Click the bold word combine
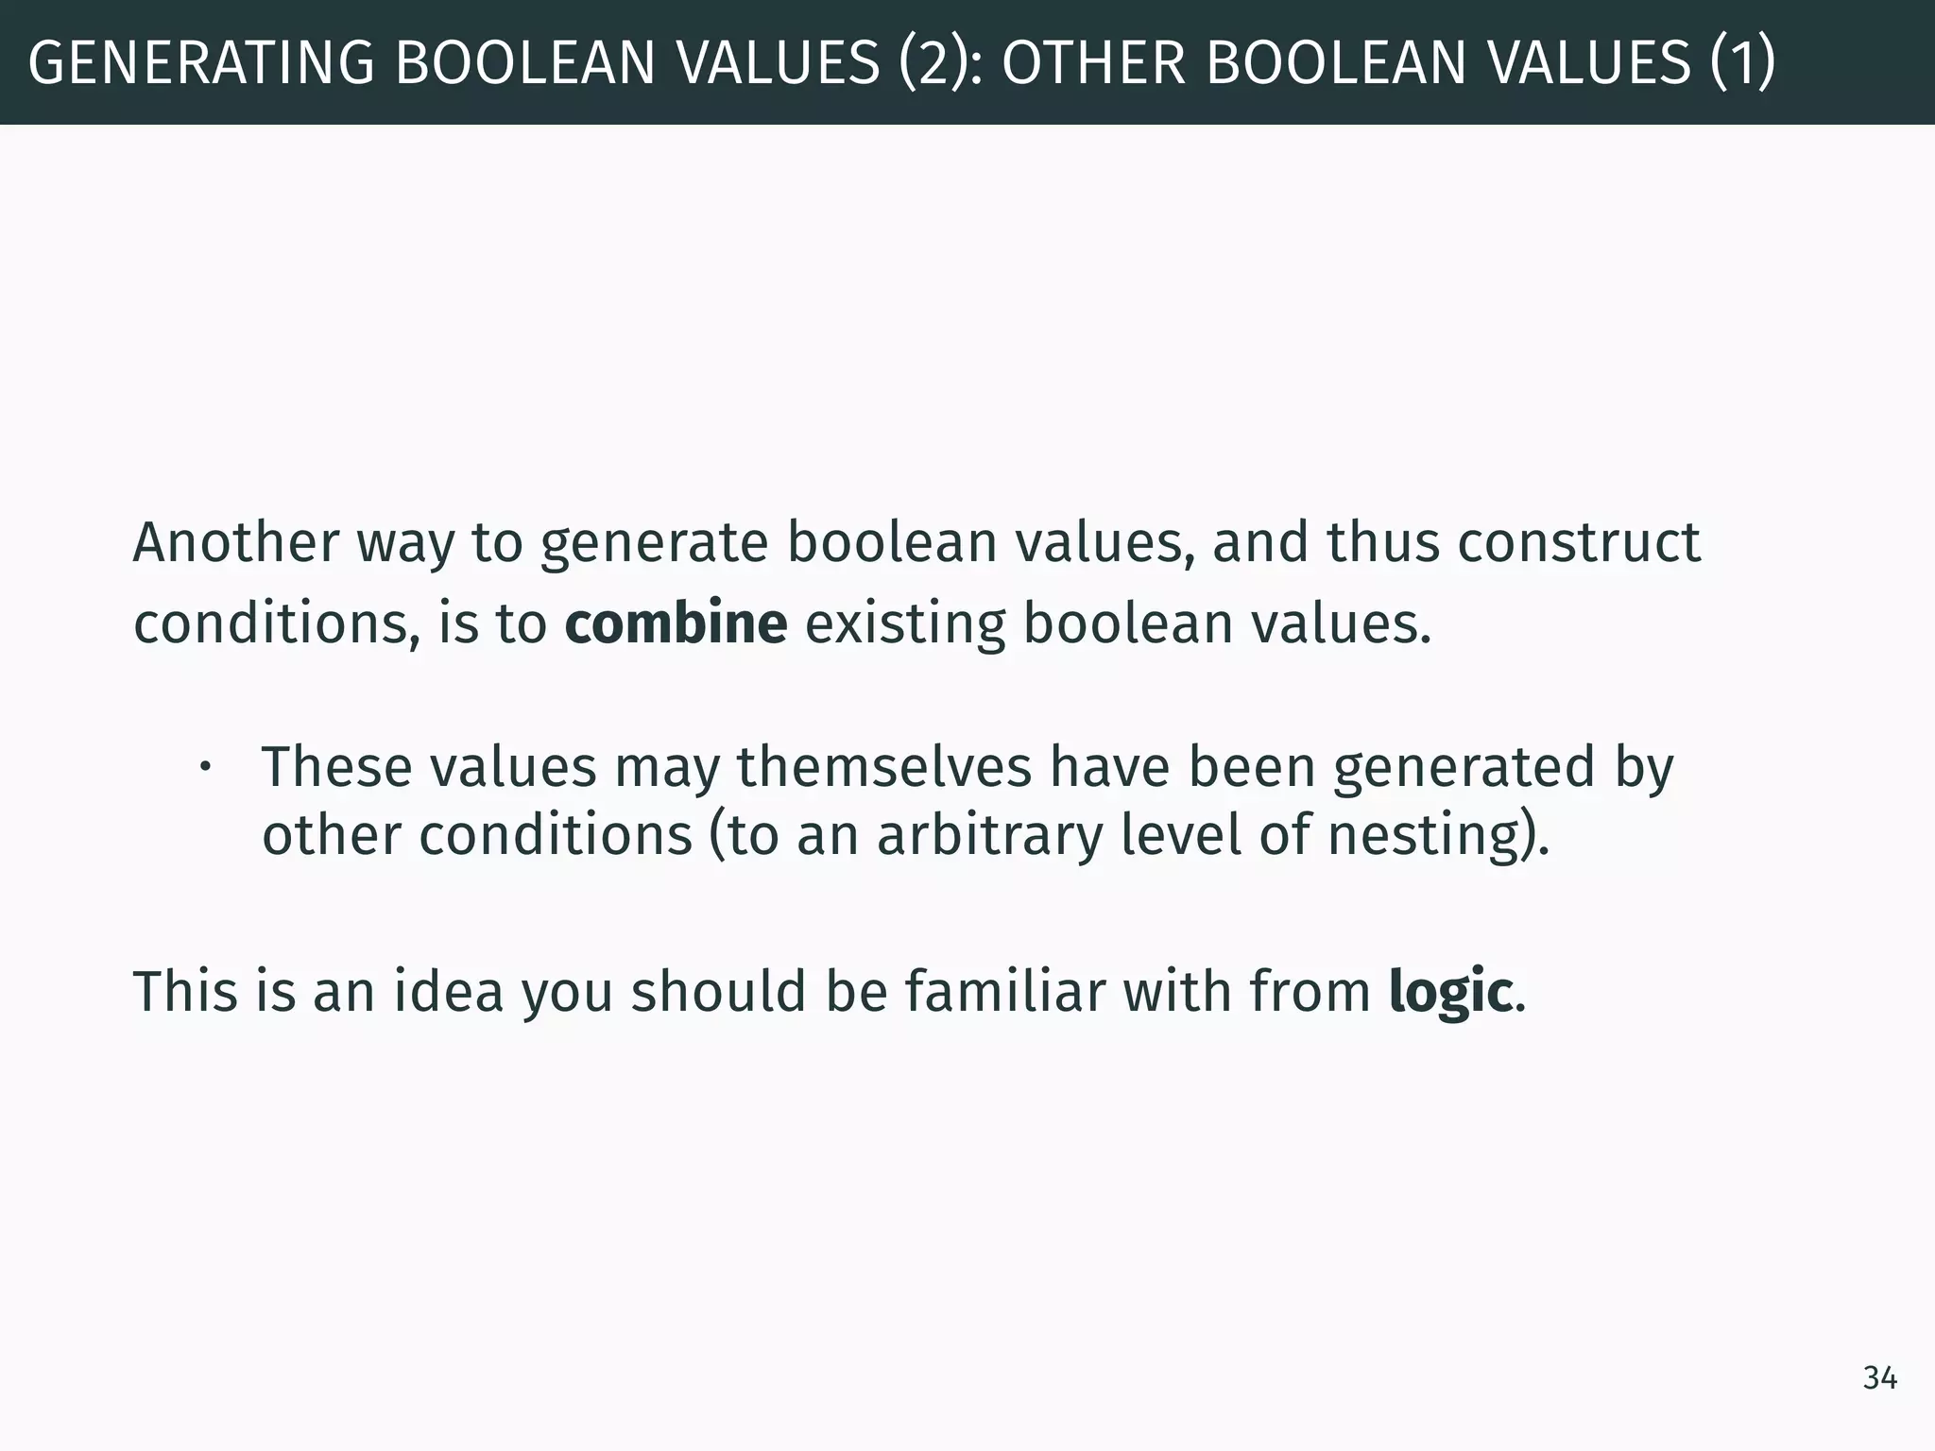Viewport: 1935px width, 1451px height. coord(676,623)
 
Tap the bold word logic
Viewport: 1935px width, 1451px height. coord(1450,993)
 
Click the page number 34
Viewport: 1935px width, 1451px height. coord(1879,1378)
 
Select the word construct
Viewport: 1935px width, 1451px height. coord(1579,543)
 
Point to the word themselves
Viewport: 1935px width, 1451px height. coord(884,766)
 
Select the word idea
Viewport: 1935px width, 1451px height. coord(449,992)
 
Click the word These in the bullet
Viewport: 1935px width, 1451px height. coord(336,766)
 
